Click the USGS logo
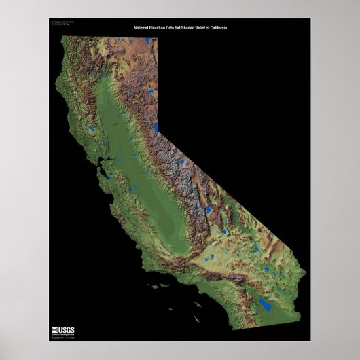[x=62, y=312]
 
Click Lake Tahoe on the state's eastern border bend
[x=156, y=128]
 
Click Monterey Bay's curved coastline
[x=112, y=201]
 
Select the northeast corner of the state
[x=157, y=38]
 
